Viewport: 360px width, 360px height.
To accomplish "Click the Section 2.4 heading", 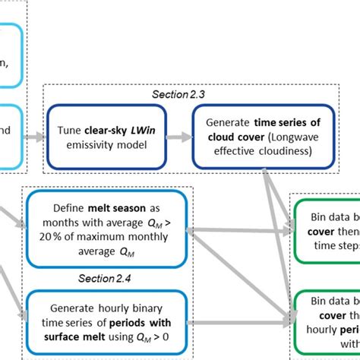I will tap(106, 277).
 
